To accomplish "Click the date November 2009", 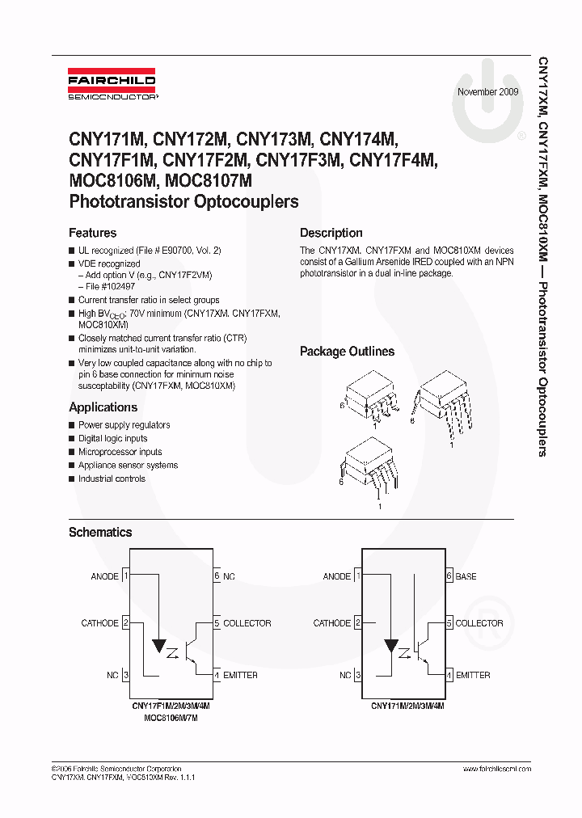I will coord(487,92).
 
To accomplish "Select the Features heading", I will coord(92,233).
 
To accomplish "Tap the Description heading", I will coord(331,233).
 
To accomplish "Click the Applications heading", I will coord(103,407).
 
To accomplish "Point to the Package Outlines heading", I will coord(347,352).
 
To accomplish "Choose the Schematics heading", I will coord(99,533).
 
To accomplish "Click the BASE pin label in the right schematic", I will coord(466,576).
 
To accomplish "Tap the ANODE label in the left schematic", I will coord(105,576).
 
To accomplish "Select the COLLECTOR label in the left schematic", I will coord(247,623).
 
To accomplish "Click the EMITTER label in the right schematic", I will coord(473,675).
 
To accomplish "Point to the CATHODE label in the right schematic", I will coord(331,623).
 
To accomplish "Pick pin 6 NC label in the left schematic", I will coord(229,576).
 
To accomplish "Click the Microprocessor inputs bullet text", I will coord(120,452).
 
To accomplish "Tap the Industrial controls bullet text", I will coord(112,479).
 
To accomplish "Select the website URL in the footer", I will coord(497,769).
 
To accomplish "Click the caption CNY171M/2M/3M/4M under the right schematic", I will coord(407,706).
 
